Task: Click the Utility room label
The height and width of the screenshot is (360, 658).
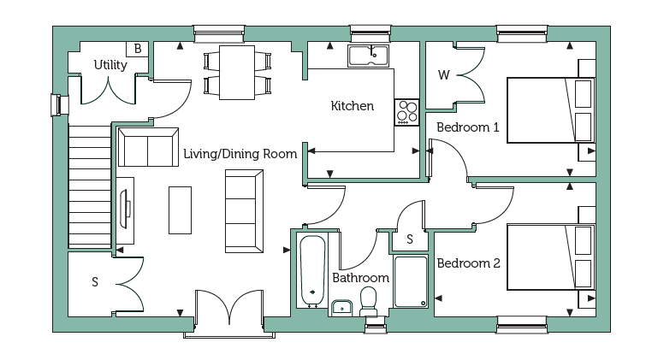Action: pos(110,65)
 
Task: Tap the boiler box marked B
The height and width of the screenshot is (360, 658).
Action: pos(137,49)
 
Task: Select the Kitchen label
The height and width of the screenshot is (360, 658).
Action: pos(352,106)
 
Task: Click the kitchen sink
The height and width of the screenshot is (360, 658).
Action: pos(368,56)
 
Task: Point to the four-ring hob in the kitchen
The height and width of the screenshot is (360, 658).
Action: pos(406,112)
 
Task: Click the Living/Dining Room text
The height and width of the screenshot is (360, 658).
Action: pos(240,154)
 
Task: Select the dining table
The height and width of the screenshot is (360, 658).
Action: pos(237,73)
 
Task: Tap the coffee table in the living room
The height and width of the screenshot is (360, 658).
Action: pos(180,210)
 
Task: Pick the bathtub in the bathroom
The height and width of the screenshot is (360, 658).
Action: pos(312,269)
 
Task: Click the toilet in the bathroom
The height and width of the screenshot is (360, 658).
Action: pos(369,301)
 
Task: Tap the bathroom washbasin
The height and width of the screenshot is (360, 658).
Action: pos(342,308)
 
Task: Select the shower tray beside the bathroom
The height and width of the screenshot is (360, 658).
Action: pos(411,281)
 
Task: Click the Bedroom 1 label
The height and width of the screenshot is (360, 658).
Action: pos(468,127)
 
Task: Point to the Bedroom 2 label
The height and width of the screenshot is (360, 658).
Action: pos(468,263)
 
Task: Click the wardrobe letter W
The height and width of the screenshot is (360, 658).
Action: pos(443,75)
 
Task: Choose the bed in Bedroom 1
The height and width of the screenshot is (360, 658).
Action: pos(551,110)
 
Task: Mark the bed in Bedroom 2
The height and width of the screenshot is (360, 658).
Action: pos(551,257)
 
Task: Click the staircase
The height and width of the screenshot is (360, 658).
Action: pos(90,186)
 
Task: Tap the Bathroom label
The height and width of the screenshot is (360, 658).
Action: pos(360,278)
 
